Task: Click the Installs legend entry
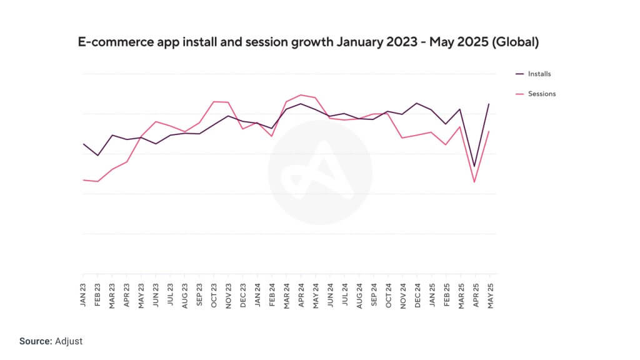[539, 74]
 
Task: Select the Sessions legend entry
[541, 94]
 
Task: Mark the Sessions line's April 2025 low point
[474, 182]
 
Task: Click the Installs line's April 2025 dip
[474, 166]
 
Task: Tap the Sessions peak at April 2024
[301, 95]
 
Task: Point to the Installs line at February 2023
[97, 155]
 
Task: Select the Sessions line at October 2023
[214, 101]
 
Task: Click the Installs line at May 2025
[489, 104]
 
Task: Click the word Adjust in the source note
[68, 341]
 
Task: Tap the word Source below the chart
[35, 341]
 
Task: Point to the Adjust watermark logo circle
[320, 173]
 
